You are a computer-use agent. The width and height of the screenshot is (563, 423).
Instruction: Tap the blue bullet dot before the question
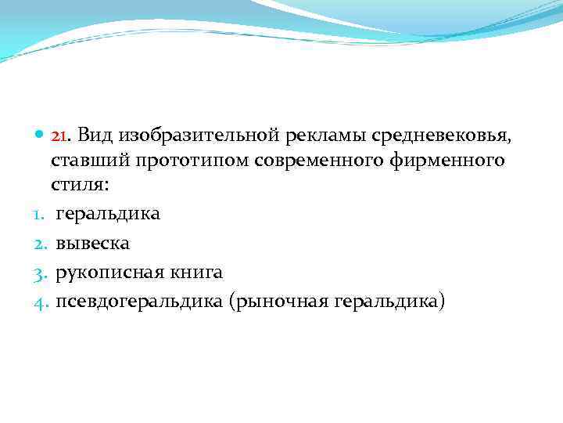pos(40,137)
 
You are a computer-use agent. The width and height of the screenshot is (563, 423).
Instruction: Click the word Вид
pos(96,137)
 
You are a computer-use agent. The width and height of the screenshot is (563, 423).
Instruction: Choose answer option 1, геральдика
pos(107,214)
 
